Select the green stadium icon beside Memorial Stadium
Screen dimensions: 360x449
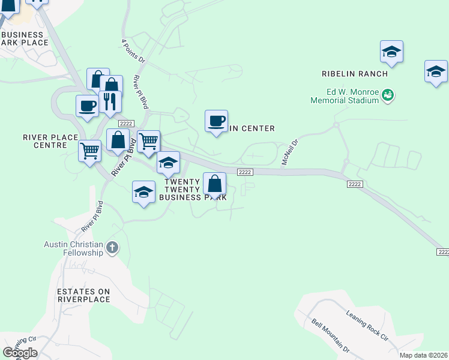click(388, 94)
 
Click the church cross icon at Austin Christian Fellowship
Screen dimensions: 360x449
click(112, 247)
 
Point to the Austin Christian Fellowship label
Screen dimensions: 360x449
click(74, 248)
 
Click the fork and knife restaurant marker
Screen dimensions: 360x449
click(109, 101)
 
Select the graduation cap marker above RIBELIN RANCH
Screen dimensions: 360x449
click(391, 52)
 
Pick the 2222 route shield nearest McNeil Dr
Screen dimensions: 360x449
click(244, 172)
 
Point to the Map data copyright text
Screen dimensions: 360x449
click(424, 355)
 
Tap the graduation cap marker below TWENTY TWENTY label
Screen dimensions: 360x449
click(143, 192)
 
